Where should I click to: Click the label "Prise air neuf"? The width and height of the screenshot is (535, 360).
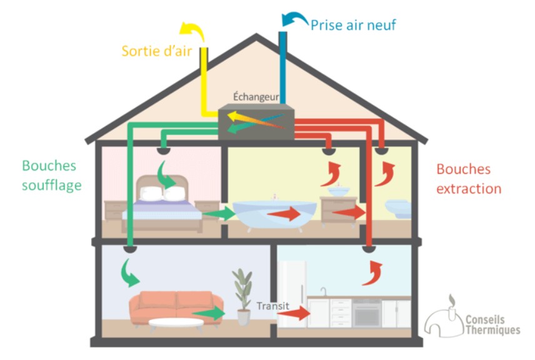[x=353, y=25]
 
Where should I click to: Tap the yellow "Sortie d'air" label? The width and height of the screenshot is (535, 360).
[x=157, y=51]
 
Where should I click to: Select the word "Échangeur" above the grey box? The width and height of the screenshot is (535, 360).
[x=256, y=97]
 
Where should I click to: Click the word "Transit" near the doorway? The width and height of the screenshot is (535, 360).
[x=273, y=306]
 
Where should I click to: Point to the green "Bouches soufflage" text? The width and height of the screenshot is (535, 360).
[x=52, y=176]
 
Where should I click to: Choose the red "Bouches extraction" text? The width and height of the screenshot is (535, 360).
[x=469, y=179]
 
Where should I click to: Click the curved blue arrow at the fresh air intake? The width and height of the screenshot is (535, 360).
[x=295, y=19]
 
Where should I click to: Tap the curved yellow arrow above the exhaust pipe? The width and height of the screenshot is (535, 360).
[x=192, y=31]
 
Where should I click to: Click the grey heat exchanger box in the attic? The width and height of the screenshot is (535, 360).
[x=256, y=122]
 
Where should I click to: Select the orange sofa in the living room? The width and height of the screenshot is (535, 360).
[x=176, y=307]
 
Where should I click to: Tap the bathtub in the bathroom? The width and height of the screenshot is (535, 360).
[x=274, y=213]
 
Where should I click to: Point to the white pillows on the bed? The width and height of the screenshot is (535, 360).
[x=162, y=194]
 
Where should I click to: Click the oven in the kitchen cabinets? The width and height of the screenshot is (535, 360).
[x=367, y=313]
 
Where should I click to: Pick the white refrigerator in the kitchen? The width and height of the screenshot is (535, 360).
[x=292, y=294]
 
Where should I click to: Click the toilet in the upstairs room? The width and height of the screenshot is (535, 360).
[x=399, y=209]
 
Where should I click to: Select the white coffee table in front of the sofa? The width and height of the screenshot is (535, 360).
[x=176, y=322]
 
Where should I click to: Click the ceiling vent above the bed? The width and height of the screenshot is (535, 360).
[x=163, y=150]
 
